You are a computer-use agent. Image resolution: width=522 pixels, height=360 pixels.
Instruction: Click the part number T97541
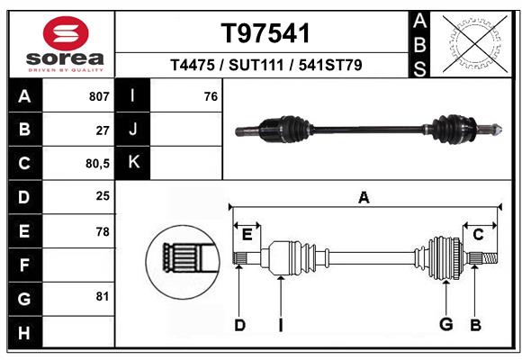point(265,33)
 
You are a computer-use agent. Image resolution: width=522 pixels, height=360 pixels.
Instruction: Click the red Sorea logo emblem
point(66,33)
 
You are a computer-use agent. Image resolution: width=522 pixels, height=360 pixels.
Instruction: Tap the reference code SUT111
point(256,65)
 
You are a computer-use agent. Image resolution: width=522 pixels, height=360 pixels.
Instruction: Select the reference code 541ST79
point(330,65)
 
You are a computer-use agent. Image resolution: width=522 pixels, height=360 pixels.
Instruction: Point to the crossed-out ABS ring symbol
point(475,44)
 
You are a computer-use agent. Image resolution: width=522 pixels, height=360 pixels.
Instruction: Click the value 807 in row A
point(99,96)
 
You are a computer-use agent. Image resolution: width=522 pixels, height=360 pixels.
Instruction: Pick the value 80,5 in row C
point(97,164)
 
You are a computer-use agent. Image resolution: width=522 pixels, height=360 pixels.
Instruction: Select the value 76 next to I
point(211,96)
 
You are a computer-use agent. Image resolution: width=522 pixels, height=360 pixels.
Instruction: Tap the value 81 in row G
point(103,296)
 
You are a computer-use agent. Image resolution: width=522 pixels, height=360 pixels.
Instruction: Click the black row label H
point(25,332)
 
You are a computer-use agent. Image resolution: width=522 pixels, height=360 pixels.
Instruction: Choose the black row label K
point(133,163)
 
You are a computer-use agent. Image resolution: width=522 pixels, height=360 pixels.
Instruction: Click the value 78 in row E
point(103,232)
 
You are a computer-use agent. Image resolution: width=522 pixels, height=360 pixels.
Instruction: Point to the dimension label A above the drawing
point(364,198)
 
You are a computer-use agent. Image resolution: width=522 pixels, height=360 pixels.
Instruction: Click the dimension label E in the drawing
point(247,235)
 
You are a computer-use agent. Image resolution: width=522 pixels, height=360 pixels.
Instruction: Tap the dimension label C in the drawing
point(478,235)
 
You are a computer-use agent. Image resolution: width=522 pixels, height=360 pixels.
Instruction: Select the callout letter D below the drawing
point(239,325)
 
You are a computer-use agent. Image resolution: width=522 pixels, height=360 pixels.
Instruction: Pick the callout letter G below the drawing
point(446,324)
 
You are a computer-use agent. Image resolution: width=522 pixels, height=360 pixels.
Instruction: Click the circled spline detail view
point(183,262)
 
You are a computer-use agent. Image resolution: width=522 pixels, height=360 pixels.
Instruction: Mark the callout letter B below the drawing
point(475,325)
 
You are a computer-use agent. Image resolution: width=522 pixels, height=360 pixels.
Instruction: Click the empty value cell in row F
point(78,265)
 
